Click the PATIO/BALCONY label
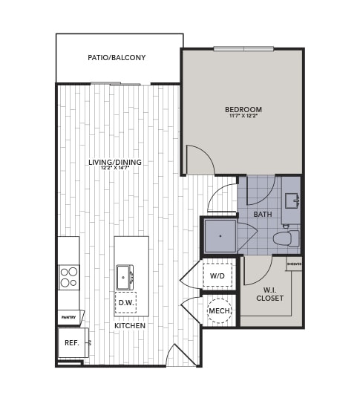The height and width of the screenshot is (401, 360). pos(117,57)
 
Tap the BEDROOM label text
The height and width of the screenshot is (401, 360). pos(243,110)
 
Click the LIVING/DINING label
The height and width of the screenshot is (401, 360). pos(115,162)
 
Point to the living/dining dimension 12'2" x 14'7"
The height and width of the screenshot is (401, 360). pos(115,168)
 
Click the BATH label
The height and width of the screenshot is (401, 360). pos(263,215)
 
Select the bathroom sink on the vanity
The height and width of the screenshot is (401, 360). pos(291,200)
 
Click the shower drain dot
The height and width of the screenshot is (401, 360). pos(220,236)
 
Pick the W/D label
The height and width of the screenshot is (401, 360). pos(217,276)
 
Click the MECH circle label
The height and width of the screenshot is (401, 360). pos(219,310)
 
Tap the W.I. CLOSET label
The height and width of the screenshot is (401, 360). pos(269,294)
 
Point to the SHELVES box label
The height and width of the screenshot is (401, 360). pos(295,263)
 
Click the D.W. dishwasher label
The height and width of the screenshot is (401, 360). pos(125,303)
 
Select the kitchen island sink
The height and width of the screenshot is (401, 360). pos(123,277)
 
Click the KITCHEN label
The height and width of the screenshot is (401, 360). pos(130,326)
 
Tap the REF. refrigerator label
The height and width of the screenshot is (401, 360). pos(72,343)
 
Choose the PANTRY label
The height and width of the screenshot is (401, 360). pos(69,318)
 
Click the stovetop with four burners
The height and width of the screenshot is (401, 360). pos(69,277)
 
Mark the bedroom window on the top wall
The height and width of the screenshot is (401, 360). pos(243,49)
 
